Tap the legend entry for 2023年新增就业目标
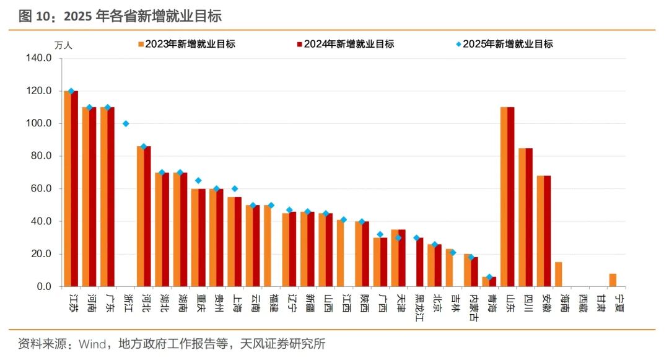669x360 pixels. click(186, 44)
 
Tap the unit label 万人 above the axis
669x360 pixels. click(63, 45)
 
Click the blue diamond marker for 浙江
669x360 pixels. click(126, 123)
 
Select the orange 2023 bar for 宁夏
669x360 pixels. click(613, 280)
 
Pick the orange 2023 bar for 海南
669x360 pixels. click(558, 274)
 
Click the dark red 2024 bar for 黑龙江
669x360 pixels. click(420, 262)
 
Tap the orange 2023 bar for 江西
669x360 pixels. click(340, 253)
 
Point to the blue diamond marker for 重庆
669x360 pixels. click(198, 181)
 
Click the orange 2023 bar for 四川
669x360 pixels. click(522, 217)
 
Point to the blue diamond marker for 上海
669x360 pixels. click(235, 189)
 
